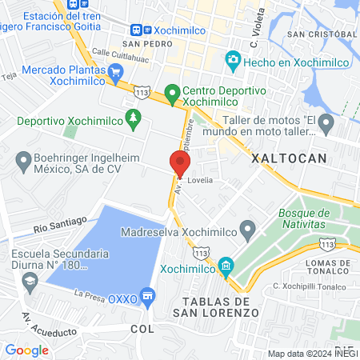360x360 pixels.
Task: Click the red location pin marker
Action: coord(179,163)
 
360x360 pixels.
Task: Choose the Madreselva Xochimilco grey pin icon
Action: coord(248,232)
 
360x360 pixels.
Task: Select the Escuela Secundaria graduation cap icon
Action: coord(30,281)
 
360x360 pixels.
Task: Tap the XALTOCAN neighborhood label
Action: coord(289,158)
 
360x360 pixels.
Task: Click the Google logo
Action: coord(26,350)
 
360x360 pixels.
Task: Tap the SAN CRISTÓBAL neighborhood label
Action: coord(322,35)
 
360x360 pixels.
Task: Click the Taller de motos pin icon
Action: coord(326,124)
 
